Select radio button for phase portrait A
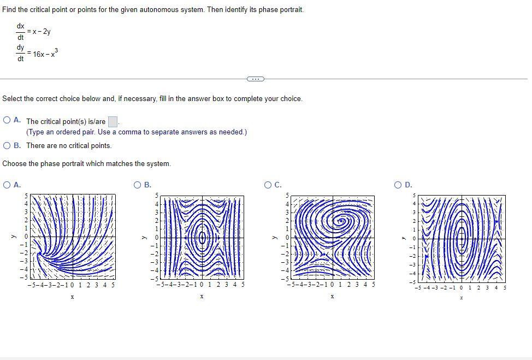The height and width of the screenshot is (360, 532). pos(7,185)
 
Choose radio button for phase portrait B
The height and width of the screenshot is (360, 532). pos(139,185)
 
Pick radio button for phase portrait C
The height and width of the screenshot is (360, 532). pos(269,185)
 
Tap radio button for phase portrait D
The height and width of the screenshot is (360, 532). pos(399,185)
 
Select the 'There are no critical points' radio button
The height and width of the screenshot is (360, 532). pos(7,145)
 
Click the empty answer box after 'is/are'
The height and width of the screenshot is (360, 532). pos(113,121)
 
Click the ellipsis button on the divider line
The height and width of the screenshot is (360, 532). pos(255,79)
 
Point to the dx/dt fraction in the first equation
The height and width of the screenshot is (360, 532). pos(20,32)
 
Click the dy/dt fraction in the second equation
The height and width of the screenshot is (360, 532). pos(20,53)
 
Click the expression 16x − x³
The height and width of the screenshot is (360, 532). pos(45,54)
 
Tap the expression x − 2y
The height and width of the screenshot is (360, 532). pos(42,32)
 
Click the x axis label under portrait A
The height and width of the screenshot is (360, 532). pos(72,297)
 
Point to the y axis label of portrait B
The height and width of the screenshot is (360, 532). pos(144,237)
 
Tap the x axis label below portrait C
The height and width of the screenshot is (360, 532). pos(332,297)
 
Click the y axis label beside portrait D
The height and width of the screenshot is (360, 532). pos(403,237)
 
